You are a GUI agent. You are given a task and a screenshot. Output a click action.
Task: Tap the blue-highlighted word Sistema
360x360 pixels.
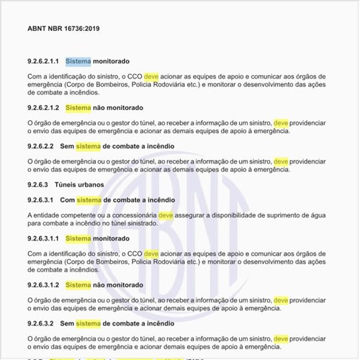pyautogui.click(x=78, y=61)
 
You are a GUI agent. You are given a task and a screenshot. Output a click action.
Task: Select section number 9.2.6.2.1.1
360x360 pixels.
pyautogui.click(x=42, y=61)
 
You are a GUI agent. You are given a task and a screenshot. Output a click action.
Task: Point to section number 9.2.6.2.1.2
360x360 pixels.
pyautogui.click(x=42, y=108)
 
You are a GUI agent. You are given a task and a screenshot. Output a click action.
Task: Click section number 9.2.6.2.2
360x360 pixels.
pyautogui.click(x=40, y=146)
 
